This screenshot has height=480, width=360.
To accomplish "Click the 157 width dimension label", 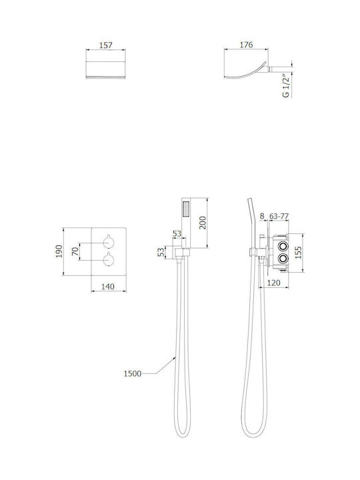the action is pyautogui.click(x=106, y=45).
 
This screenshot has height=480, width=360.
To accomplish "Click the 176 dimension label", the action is pyautogui.click(x=246, y=45).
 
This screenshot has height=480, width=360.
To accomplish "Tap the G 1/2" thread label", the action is pyautogui.click(x=285, y=86).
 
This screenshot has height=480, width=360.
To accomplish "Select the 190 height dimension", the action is pyautogui.click(x=59, y=251).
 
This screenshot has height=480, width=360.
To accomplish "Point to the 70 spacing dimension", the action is pyautogui.click(x=75, y=251).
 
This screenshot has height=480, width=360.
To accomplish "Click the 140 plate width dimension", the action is pyautogui.click(x=108, y=287).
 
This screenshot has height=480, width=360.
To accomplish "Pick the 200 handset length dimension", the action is pyautogui.click(x=203, y=223).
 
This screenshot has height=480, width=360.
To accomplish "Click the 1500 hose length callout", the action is pyautogui.click(x=133, y=373).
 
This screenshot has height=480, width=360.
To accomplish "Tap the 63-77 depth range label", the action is pyautogui.click(x=279, y=216).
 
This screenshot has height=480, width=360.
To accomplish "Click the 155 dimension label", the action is pyautogui.click(x=298, y=253).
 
